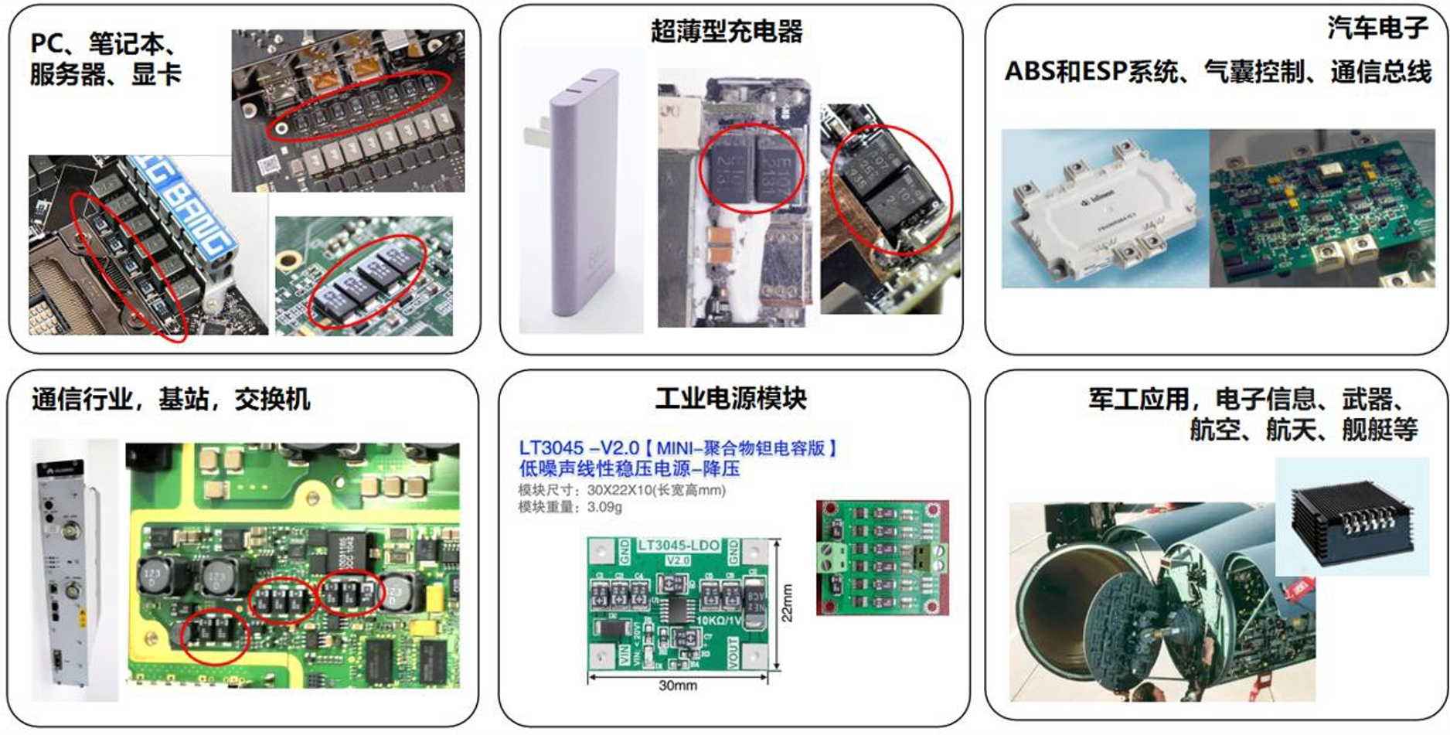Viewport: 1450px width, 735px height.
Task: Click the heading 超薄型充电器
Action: point(727,32)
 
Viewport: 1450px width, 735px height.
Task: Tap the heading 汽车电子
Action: point(1377,28)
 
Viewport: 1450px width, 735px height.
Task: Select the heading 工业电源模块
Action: point(730,399)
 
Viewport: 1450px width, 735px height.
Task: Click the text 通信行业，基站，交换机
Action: point(171,400)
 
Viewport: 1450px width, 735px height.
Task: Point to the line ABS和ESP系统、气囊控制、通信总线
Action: point(1217,72)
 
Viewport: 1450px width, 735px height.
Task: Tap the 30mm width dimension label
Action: point(678,686)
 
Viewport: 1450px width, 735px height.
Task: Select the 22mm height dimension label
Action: point(788,603)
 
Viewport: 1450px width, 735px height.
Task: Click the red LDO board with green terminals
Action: point(882,558)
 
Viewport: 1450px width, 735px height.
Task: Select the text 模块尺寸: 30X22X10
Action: point(621,490)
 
